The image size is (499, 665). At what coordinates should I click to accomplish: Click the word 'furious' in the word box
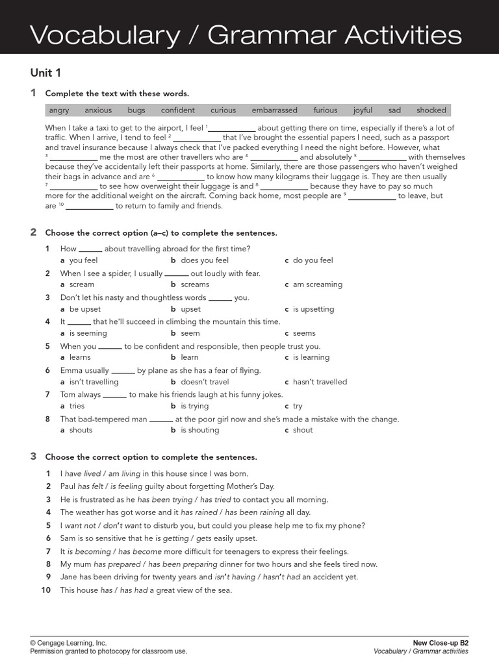pos(326,110)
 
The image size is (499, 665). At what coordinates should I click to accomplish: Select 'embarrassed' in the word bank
pos(275,110)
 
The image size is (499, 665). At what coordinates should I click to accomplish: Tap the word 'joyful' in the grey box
pos(363,110)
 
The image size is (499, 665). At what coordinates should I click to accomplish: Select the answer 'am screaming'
pos(318,284)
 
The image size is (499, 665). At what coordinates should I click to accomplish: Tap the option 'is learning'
pos(311,357)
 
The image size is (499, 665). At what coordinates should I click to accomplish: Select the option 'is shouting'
pos(200,430)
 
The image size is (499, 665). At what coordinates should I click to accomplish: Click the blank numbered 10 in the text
pos(90,207)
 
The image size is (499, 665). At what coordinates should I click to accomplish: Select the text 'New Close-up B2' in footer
pos(441,643)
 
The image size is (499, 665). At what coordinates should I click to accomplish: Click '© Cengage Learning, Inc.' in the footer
pos(68,643)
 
